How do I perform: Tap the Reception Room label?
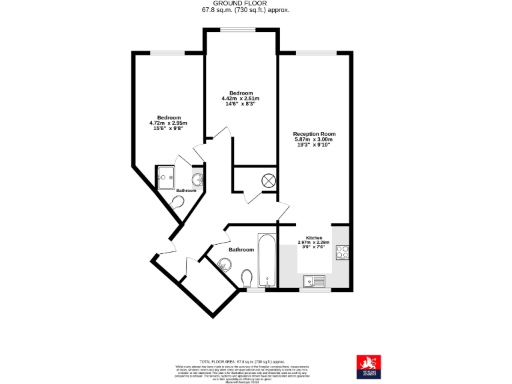pos(314,133)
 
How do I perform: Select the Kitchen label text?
pos(314,238)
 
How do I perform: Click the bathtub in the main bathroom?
pos(265,261)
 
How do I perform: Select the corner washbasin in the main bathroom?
pos(223,265)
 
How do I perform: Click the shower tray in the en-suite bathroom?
pos(166,177)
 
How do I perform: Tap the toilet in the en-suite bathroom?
pos(179,202)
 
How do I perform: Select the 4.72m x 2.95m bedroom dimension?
pos(168,123)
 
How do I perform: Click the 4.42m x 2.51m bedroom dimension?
pos(240,99)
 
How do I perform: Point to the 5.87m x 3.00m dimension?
pos(314,139)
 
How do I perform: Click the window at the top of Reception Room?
pos(315,53)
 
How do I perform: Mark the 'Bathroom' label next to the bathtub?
pos(241,250)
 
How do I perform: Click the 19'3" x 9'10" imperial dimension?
pos(314,145)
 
